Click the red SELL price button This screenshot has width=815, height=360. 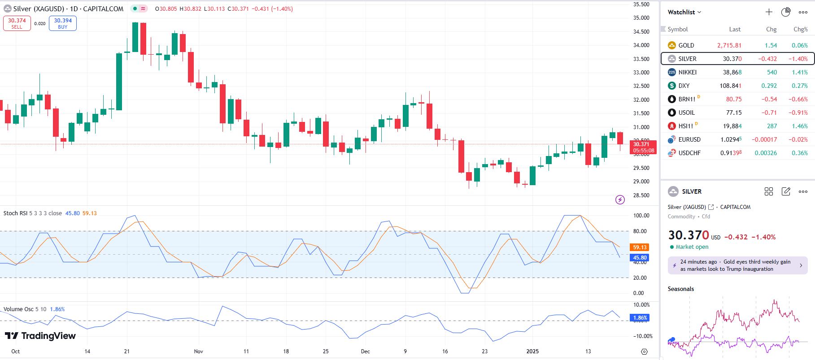(x=17, y=23)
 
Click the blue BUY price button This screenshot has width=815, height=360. (x=63, y=23)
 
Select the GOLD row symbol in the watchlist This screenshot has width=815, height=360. (x=686, y=45)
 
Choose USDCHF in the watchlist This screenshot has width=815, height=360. (x=689, y=153)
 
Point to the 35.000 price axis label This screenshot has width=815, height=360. (x=641, y=18)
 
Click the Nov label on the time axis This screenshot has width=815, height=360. (x=198, y=351)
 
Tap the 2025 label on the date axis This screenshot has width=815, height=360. (x=532, y=351)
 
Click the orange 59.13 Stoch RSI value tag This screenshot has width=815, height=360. (x=640, y=247)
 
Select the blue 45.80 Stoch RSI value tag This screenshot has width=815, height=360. (x=640, y=258)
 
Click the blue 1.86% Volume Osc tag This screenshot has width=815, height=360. (x=640, y=318)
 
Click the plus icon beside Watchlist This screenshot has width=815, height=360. (x=769, y=12)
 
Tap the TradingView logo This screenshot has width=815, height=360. (x=40, y=336)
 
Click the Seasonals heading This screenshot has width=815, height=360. (x=680, y=289)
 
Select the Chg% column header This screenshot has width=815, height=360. (x=800, y=29)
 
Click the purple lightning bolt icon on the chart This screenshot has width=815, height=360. (x=620, y=200)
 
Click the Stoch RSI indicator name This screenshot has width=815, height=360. (x=15, y=213)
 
